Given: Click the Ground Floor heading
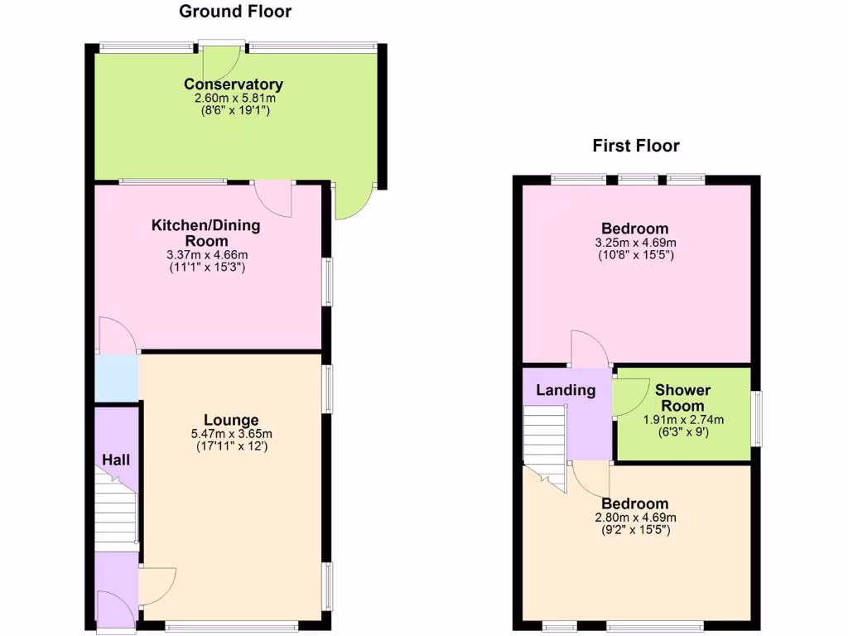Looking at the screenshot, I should [235, 12].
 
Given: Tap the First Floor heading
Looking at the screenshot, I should [636, 147].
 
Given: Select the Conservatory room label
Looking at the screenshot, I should [234, 84].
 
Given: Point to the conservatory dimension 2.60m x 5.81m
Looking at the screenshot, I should [234, 98].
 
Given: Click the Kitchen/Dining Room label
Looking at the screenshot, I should [205, 233].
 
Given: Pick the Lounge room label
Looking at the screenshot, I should [232, 421].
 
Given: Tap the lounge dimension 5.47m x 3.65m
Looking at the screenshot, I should [232, 434].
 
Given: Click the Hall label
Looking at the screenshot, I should [116, 460].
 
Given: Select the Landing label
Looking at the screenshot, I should [566, 391].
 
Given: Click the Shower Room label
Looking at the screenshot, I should [683, 397].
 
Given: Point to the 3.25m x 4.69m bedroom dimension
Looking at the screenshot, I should [636, 243].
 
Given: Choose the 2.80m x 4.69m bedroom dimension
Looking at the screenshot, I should [636, 518].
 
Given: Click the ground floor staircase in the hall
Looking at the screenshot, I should [115, 509].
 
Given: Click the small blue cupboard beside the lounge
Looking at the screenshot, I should [116, 378].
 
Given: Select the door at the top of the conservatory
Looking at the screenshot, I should [222, 60].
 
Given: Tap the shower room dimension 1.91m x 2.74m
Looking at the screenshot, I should [683, 420].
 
